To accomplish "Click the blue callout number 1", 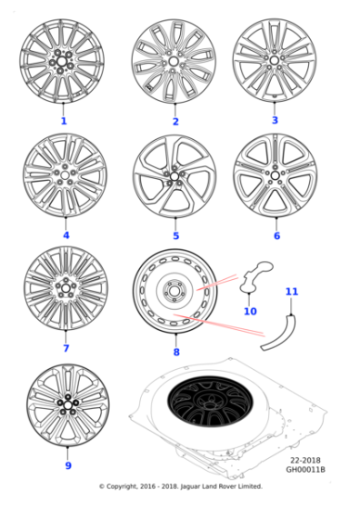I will [x=64, y=121].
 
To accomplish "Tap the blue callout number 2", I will [x=175, y=122].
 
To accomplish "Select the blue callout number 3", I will [x=275, y=120].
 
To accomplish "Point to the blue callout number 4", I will [x=65, y=235].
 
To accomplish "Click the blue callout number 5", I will [x=175, y=236].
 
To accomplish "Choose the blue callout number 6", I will [x=276, y=236].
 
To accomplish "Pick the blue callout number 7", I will [x=65, y=348].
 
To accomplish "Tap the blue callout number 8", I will [x=175, y=352].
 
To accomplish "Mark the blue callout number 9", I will [x=67, y=466].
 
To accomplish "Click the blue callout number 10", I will [x=250, y=312].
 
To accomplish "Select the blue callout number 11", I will [x=291, y=292].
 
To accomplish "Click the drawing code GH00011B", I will [x=306, y=470].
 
